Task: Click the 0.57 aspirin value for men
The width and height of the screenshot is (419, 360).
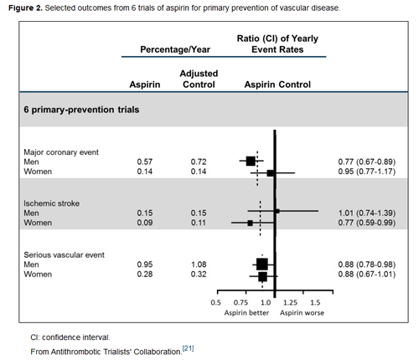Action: (x=145, y=162)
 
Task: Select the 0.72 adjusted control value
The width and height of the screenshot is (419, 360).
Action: (x=199, y=162)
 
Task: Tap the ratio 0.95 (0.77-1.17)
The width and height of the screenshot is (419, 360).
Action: (x=367, y=172)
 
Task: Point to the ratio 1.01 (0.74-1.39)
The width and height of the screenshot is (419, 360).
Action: (x=367, y=213)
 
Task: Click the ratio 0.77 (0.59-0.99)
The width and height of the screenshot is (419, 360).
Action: (x=367, y=223)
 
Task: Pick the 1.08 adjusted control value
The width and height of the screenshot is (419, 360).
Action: (x=199, y=265)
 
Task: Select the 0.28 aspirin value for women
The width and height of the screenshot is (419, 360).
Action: (x=145, y=274)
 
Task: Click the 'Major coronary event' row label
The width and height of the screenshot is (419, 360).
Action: (x=61, y=152)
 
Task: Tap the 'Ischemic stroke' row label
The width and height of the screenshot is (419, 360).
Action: (x=52, y=203)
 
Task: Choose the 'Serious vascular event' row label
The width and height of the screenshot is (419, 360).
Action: (x=65, y=255)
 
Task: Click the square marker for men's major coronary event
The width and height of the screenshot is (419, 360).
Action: (x=251, y=161)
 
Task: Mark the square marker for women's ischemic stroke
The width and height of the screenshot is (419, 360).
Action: (x=250, y=223)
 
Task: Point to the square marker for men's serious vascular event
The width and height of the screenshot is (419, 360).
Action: (x=262, y=265)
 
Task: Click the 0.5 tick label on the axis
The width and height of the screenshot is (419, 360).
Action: (x=215, y=303)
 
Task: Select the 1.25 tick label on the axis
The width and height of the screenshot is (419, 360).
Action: (x=290, y=303)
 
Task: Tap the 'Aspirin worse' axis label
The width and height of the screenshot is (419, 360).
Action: (x=302, y=313)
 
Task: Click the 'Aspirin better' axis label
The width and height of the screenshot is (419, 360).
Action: (x=246, y=313)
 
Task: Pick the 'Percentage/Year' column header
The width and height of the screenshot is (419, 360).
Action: (x=175, y=49)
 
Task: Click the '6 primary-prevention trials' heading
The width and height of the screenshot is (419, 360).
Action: (x=81, y=110)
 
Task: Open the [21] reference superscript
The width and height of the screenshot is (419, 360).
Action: (x=188, y=348)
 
